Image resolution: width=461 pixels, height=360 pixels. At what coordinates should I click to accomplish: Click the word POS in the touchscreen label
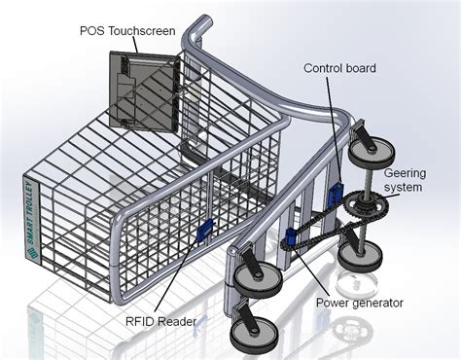pos(91,29)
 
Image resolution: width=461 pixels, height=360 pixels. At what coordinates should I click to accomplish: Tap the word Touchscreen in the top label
pos(141,29)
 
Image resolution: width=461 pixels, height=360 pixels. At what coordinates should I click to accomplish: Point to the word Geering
pos(404,171)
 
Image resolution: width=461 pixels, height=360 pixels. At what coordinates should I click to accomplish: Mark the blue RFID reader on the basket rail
pos(205,231)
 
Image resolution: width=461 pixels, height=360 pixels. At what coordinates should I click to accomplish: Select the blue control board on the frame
pos(336,192)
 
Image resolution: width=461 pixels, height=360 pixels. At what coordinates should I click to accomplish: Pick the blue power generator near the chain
pos(291,237)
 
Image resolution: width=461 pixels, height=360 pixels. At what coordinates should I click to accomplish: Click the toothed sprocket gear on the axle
pos(367,208)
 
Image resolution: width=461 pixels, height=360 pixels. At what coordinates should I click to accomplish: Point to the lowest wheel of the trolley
pos(251,331)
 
